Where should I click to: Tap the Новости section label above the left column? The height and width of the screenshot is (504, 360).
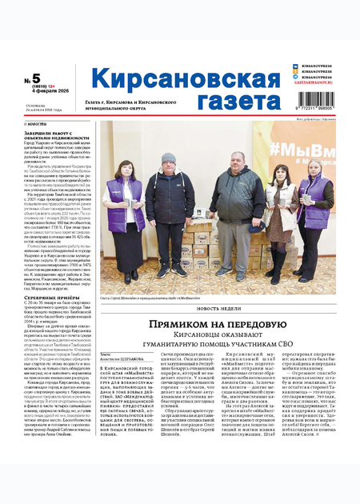tap(36, 124)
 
